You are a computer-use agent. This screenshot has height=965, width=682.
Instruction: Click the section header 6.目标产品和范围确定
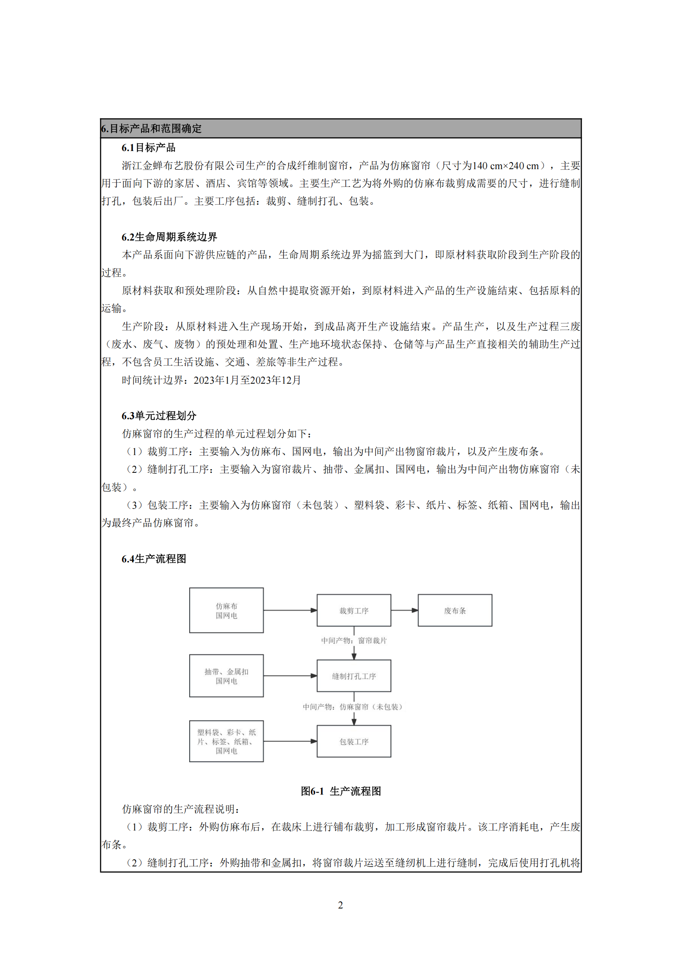tap(151, 129)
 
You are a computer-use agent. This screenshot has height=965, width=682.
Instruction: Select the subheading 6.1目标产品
tap(148, 148)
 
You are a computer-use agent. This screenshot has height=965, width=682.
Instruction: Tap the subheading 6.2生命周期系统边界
tap(169, 237)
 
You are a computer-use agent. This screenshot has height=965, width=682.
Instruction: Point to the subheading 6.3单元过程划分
tap(159, 416)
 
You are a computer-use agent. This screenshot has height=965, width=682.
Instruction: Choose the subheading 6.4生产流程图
tap(154, 559)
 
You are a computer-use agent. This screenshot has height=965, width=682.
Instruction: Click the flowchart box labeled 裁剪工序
tap(354, 610)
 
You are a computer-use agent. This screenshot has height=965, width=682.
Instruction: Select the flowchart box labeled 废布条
tap(455, 610)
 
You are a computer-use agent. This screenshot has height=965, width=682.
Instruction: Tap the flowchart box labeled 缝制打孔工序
tap(354, 676)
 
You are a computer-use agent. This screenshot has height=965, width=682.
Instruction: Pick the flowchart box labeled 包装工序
tap(354, 741)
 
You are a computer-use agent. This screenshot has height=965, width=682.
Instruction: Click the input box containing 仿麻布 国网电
tap(226, 610)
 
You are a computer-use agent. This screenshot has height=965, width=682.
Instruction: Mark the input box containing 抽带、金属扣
tap(226, 676)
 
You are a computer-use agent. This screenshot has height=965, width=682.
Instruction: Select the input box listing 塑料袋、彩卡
tap(226, 741)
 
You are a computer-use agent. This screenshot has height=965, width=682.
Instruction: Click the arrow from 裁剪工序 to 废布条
tap(404, 610)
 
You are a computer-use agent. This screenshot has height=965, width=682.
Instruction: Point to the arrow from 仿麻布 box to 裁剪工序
tap(290, 610)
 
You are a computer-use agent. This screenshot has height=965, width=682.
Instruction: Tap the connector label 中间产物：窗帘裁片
tap(354, 641)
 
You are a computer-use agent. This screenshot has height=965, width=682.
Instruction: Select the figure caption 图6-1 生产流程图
tap(341, 791)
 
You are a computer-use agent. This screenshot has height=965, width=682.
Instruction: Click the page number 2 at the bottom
tap(341, 905)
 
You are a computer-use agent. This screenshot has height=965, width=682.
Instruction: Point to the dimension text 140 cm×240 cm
tap(505, 165)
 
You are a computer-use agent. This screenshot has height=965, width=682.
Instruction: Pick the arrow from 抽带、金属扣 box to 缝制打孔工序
tap(290, 676)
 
